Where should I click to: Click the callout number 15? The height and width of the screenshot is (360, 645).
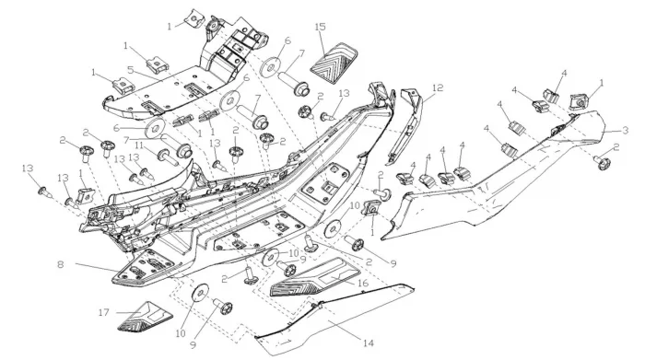pos(320,27)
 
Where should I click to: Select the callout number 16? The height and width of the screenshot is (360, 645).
pos(362,284)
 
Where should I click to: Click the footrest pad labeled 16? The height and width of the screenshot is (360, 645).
pos(314,278)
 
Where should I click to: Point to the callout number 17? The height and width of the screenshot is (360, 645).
pos(104,313)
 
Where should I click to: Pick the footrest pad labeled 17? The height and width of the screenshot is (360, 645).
pos(145,317)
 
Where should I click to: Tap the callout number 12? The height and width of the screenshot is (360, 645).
pos(438,88)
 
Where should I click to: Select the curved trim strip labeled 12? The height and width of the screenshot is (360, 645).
pos(407,123)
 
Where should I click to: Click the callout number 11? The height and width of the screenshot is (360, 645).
pos(138,145)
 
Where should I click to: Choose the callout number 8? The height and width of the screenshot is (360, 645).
pos(61,264)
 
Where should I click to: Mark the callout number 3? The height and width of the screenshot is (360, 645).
pos(626,131)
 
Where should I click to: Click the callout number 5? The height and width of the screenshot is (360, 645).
pos(131,69)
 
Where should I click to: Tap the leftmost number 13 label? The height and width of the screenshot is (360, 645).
pos(28,168)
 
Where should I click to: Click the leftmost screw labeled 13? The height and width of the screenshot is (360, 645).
pos(44,192)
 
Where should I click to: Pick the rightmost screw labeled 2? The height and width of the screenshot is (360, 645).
pos(602,163)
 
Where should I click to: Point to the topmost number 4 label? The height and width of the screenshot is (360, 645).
pos(564,73)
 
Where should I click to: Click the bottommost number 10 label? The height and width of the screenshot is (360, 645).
pos(181,333)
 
